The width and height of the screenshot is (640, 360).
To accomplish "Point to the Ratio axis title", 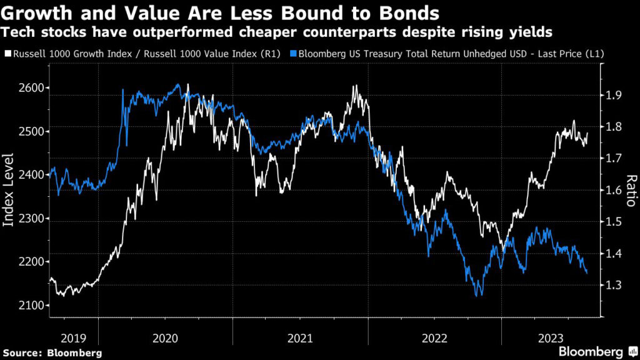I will click(631, 191).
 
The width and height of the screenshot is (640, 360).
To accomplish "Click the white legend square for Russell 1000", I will click(7, 54).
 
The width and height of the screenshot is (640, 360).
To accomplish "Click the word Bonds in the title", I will click(409, 12).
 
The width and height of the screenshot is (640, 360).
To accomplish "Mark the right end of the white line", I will click(587, 133).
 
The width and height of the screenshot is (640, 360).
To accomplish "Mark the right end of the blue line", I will click(587, 272).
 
